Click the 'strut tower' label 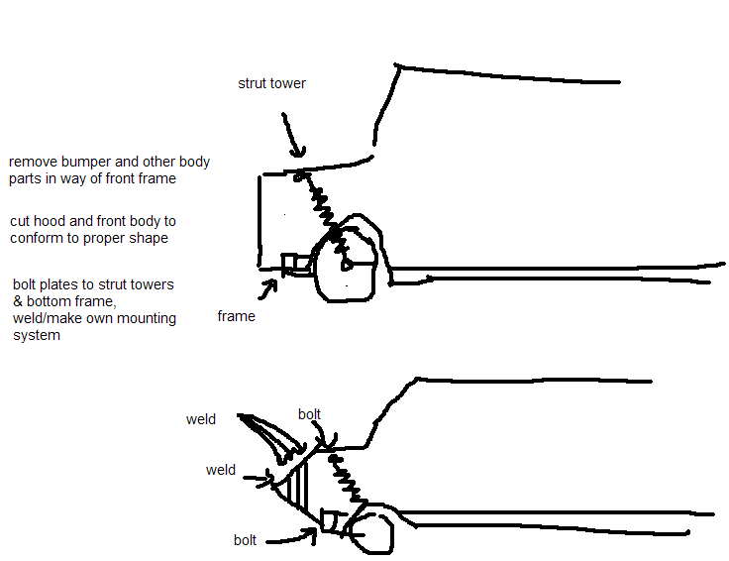pos(272,83)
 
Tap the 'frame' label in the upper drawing pos(236,316)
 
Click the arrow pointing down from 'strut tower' pos(293,135)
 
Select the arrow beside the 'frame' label pos(268,288)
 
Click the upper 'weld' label pos(201,419)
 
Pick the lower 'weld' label pos(221,470)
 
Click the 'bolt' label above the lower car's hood pos(310,414)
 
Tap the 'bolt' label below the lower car pos(245,540)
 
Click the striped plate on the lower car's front pos(295,486)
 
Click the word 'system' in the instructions pos(37,335)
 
